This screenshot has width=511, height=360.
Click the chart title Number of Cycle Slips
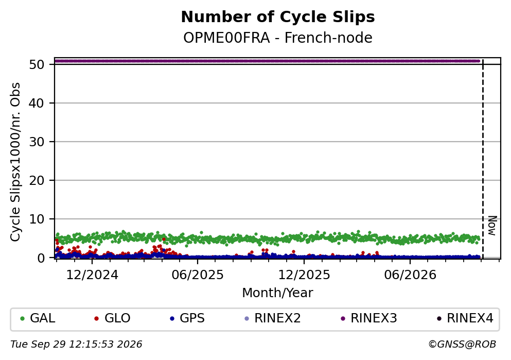click(278, 17)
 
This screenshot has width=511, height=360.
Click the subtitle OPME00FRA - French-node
click(278, 38)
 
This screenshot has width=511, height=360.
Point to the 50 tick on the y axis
click(37, 64)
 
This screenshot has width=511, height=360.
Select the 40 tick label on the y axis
click(37, 103)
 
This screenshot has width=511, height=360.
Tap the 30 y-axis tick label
click(37, 142)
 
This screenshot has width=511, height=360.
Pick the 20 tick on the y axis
click(37, 180)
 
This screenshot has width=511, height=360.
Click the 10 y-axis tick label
click(37, 219)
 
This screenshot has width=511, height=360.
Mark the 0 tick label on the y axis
click(41, 258)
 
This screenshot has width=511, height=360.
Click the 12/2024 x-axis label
click(92, 275)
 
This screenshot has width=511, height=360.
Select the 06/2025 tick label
click(198, 275)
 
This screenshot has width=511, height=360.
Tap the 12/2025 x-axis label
click(304, 275)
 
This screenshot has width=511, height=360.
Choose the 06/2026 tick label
click(410, 275)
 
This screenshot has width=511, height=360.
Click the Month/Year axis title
click(278, 293)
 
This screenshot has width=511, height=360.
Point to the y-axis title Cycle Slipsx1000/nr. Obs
click(15, 162)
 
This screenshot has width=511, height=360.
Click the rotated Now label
click(492, 226)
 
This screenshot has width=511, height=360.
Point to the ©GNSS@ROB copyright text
click(462, 345)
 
